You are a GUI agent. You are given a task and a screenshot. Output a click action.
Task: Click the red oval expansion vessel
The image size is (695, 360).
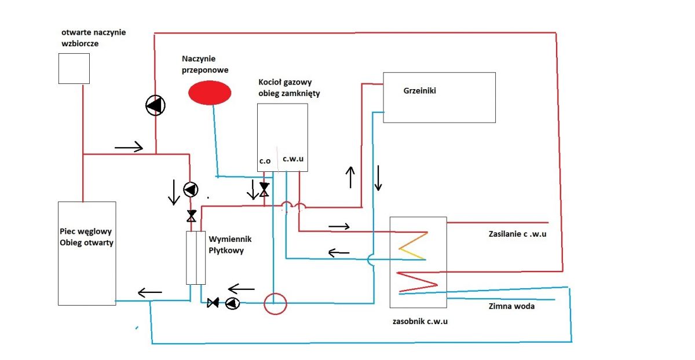[x=210, y=93]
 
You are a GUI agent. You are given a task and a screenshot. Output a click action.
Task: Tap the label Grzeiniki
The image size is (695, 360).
[x=419, y=90]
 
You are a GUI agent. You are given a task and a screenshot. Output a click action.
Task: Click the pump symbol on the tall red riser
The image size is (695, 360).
[x=155, y=105]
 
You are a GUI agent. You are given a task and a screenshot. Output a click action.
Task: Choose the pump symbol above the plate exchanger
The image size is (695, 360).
[x=191, y=189]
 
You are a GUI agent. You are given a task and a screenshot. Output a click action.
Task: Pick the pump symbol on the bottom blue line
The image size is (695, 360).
[x=232, y=303]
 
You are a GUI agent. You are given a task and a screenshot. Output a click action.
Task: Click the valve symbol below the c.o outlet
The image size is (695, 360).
[x=264, y=189]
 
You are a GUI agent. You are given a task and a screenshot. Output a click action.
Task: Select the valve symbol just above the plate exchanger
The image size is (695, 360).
[x=192, y=216]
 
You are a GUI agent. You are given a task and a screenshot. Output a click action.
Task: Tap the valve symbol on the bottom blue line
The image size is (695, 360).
[x=213, y=303]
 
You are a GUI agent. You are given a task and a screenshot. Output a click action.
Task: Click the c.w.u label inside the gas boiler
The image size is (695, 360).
[x=293, y=159]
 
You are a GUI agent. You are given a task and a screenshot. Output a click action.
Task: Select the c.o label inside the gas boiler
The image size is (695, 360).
[x=265, y=161]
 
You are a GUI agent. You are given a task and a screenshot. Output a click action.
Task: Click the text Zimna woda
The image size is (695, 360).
[x=511, y=306]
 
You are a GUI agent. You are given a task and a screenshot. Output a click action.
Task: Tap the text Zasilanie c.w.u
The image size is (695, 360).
[x=517, y=234]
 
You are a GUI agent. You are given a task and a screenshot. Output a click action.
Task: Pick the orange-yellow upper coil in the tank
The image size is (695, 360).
[x=413, y=245]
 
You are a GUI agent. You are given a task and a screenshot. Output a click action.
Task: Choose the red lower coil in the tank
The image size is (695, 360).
[x=417, y=282]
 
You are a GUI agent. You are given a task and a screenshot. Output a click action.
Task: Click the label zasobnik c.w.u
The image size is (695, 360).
[x=420, y=321]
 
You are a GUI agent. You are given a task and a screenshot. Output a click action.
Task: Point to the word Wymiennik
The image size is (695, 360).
[x=230, y=239]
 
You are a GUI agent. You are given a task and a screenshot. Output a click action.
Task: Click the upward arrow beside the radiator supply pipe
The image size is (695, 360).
[x=350, y=177]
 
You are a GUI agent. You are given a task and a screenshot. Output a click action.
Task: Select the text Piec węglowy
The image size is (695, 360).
[x=86, y=232]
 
